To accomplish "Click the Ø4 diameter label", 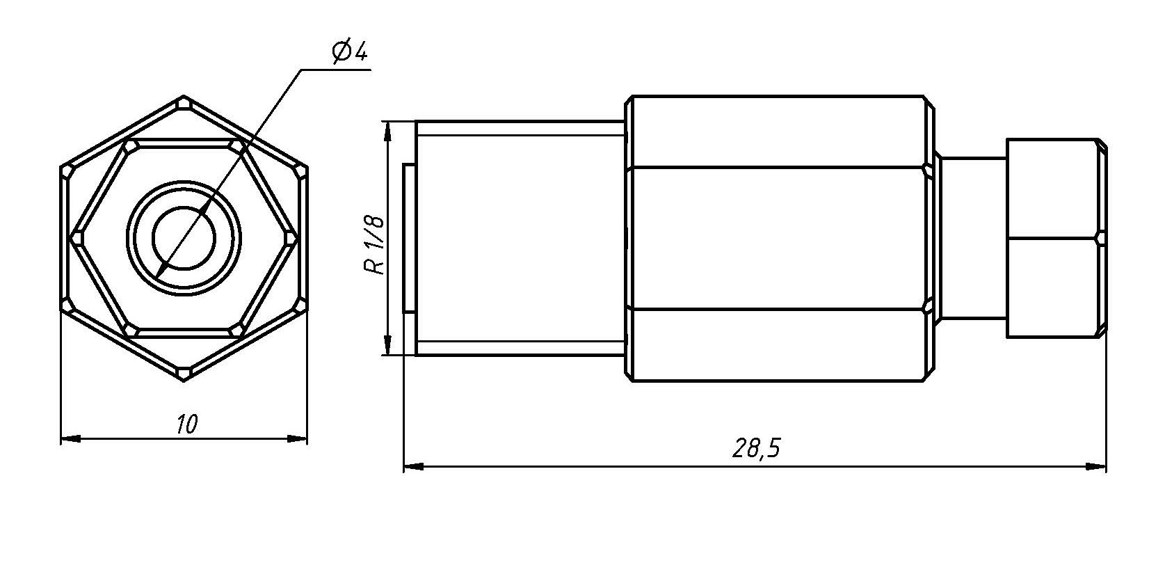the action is click(x=351, y=52).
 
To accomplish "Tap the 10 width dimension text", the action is click(x=186, y=424).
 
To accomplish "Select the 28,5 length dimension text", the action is click(x=756, y=448).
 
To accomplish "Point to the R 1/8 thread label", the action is click(x=374, y=245).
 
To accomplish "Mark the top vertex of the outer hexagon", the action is click(x=184, y=96).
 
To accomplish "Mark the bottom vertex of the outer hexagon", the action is click(x=184, y=381).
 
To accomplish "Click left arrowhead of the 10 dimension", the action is click(x=71, y=439).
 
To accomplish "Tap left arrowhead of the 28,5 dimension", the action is click(x=413, y=467).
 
